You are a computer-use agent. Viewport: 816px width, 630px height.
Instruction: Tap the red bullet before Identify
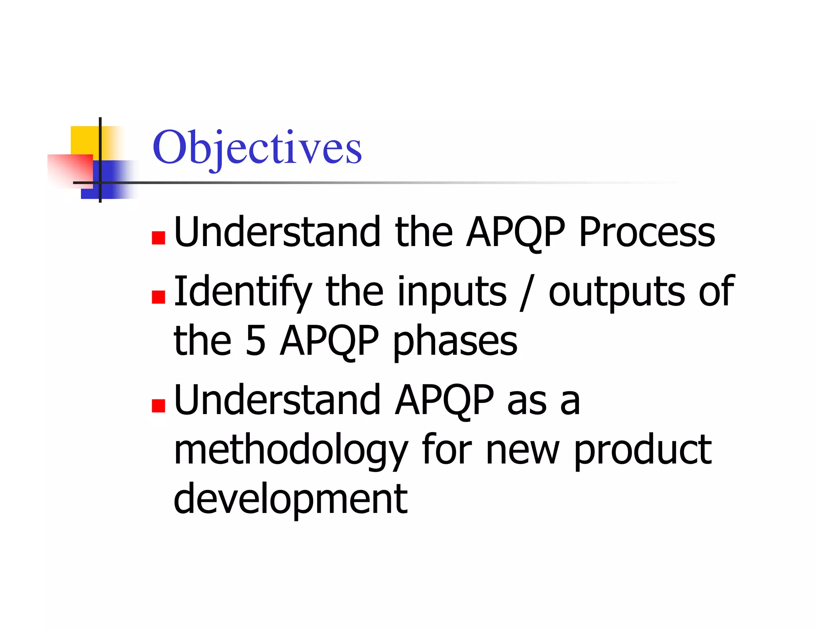coord(159,297)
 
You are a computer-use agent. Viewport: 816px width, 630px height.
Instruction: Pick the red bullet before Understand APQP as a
coord(159,406)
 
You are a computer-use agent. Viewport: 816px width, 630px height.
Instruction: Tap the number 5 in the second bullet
coord(255,341)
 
